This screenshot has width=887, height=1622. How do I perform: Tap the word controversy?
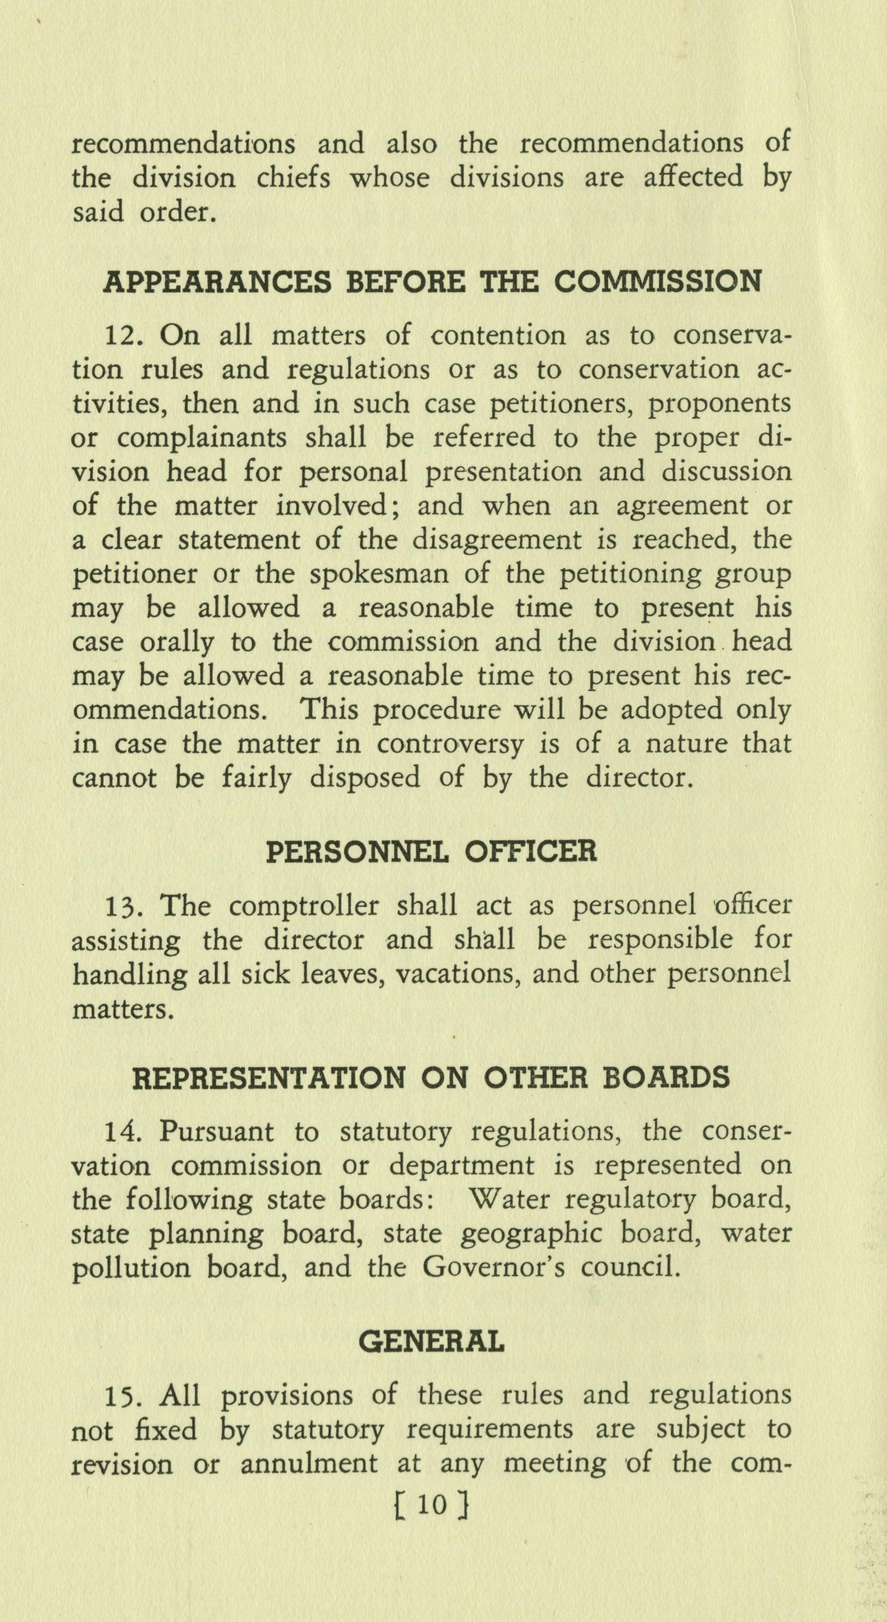pyautogui.click(x=450, y=745)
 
